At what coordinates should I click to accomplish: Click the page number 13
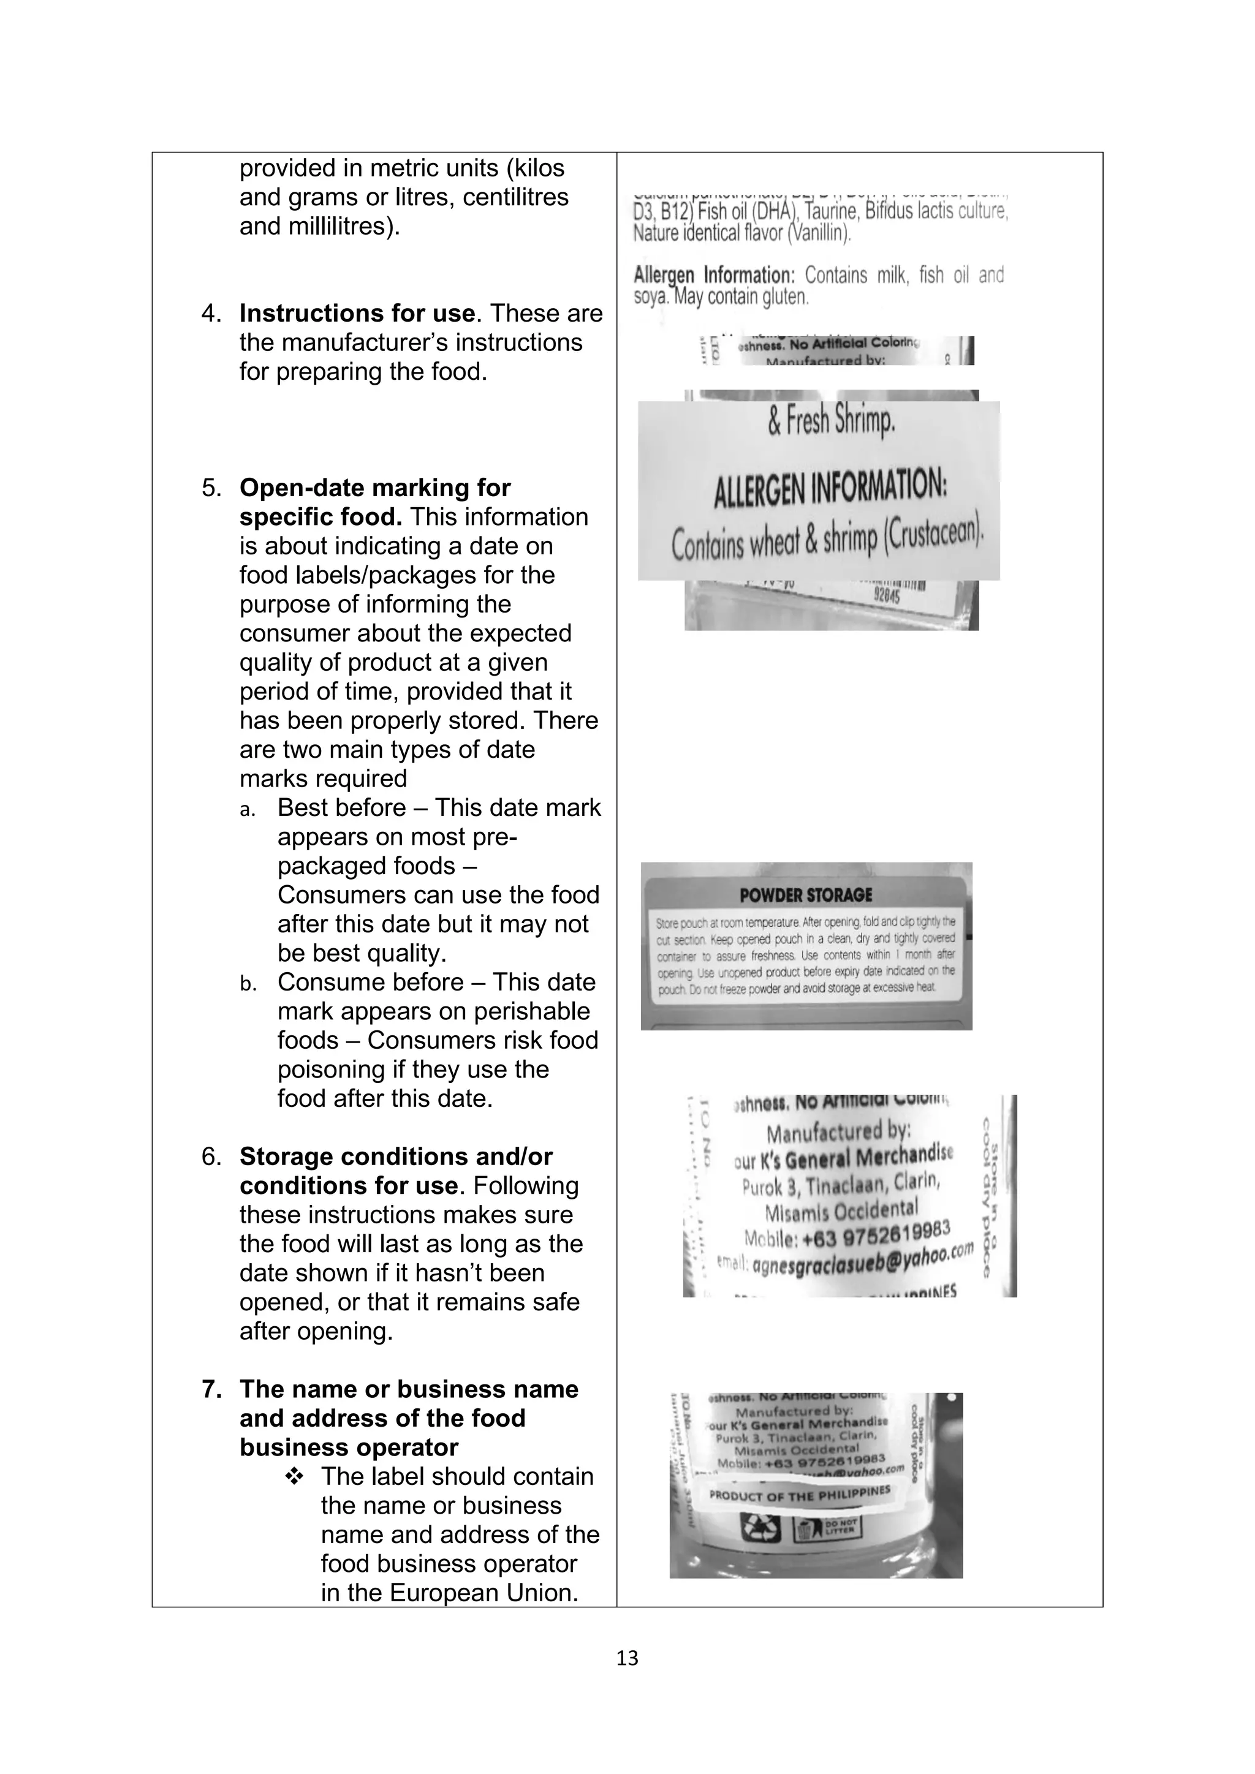(627, 1658)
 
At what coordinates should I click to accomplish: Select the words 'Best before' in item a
(341, 808)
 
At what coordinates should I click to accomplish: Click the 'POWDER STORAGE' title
(805, 896)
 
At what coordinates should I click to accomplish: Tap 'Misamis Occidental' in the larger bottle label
(841, 1209)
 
